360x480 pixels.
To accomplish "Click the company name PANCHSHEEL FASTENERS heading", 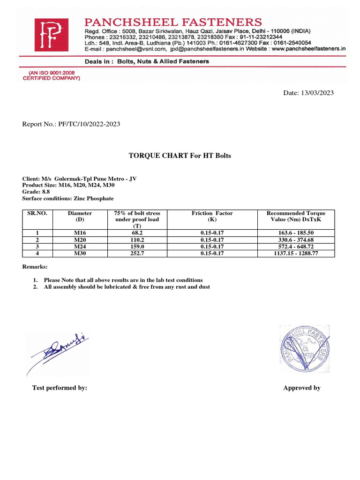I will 173,22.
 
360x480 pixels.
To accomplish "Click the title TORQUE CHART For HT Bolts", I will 180,156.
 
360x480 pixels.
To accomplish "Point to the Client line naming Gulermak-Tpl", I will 80,179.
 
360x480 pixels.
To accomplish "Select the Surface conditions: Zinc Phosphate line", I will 68,198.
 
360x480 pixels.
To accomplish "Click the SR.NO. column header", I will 37,213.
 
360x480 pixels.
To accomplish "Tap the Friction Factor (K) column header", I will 212,216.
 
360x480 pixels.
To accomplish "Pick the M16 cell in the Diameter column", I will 80,232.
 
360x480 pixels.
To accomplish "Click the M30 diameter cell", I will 80,253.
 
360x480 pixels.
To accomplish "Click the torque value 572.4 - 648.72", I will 295,246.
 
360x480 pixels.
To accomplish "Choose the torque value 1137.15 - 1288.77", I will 295,253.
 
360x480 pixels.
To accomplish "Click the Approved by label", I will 302,388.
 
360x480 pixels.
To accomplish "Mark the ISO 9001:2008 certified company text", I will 52,76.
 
